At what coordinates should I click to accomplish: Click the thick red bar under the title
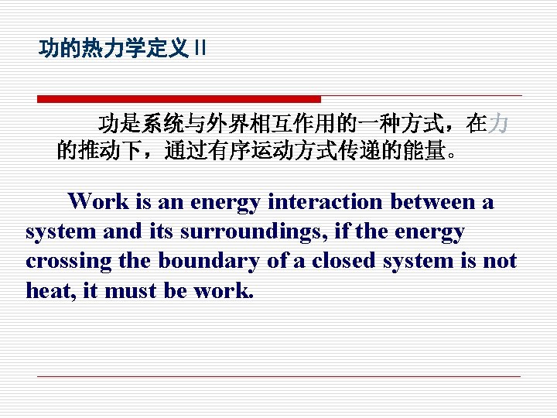click(179, 99)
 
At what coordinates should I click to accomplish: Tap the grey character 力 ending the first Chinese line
click(500, 124)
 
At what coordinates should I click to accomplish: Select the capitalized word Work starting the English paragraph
click(99, 202)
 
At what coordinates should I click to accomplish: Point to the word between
click(434, 202)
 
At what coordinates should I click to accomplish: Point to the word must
click(125, 290)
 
